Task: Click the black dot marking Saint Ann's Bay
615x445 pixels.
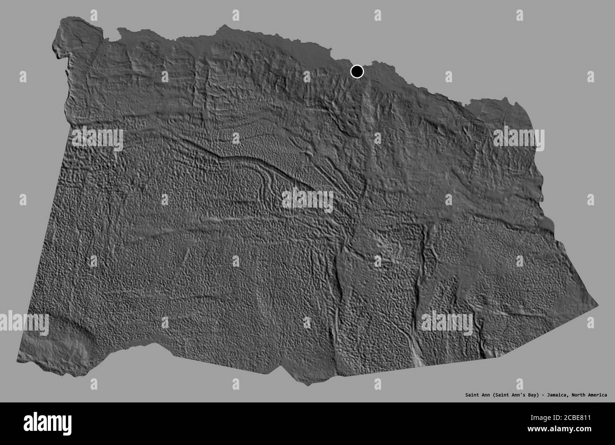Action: (357, 71)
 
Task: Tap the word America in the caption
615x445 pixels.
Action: (595, 395)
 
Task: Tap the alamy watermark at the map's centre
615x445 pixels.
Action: (307, 201)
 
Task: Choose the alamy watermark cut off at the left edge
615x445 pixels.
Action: (24, 324)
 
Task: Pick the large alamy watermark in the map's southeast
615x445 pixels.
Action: (447, 323)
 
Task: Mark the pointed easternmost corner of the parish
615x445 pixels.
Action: (597, 305)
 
